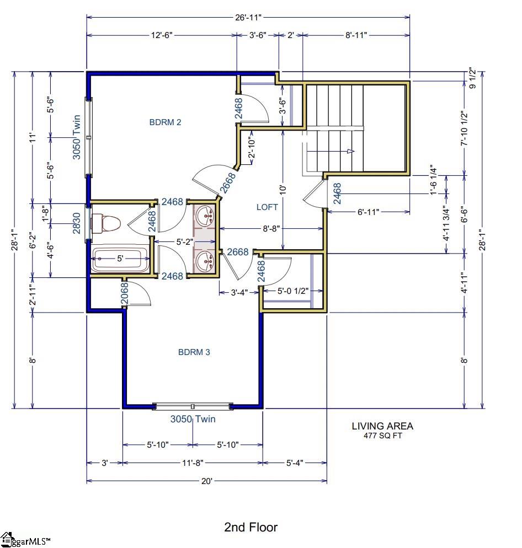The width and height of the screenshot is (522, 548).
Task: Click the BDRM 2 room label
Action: click(165, 122)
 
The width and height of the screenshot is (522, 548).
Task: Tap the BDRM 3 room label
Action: click(194, 352)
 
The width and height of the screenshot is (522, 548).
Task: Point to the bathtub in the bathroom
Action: click(120, 260)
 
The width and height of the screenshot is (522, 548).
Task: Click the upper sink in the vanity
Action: click(205, 216)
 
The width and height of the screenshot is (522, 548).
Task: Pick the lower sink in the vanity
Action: click(205, 260)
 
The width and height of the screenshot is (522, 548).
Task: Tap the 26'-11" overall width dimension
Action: click(248, 18)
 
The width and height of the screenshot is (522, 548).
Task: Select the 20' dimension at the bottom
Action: click(207, 481)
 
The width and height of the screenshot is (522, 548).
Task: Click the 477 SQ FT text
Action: click(382, 435)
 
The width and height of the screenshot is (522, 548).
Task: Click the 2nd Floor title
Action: click(251, 527)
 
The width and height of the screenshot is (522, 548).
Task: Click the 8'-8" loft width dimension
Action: click(271, 228)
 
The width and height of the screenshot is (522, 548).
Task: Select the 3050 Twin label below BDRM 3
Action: click(193, 419)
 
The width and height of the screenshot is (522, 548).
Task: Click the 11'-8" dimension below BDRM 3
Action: click(193, 463)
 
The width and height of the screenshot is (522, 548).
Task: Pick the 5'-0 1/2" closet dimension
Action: click(292, 291)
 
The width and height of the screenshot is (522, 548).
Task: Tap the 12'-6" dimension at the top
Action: click(162, 35)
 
